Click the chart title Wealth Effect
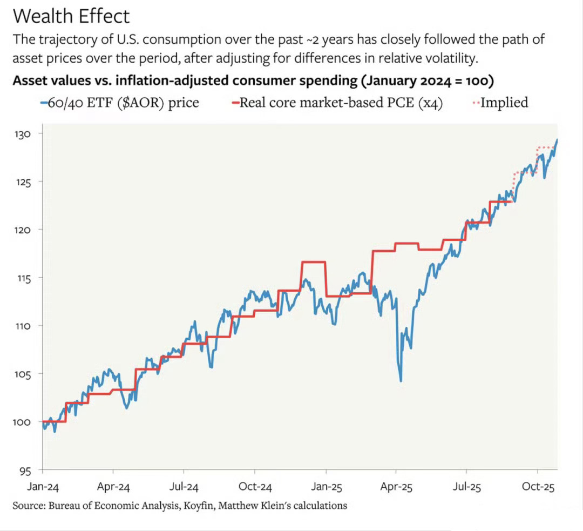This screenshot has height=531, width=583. (71, 16)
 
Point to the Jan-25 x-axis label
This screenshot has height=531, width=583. (326, 487)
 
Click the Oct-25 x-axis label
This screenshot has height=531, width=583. (538, 487)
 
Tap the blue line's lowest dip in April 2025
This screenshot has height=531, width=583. (401, 380)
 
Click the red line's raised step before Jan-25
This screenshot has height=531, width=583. (313, 262)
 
